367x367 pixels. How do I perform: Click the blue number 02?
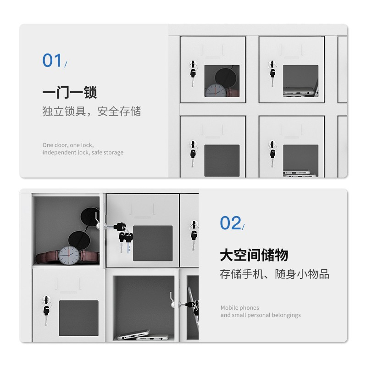point(230,223)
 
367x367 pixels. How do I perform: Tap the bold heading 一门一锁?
point(70,93)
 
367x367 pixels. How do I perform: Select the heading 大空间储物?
point(254,255)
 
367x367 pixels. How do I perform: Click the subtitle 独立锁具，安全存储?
point(92,111)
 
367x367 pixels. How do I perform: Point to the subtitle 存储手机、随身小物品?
point(274,274)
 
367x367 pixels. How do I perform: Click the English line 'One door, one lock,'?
point(68,145)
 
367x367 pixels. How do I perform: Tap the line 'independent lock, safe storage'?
point(83,152)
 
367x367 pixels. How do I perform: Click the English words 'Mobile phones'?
point(239,307)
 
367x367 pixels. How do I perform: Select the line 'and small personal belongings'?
point(261,315)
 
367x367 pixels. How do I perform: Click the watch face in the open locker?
point(69,256)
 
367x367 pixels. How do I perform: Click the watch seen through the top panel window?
point(215,91)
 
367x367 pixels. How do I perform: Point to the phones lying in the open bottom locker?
point(143,335)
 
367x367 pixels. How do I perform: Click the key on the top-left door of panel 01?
point(193,73)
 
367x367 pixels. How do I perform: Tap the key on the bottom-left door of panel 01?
point(193,153)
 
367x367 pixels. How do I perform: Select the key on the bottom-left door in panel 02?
point(46,311)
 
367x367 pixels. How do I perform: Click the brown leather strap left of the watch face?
point(47,257)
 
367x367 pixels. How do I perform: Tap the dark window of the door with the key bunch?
point(153,244)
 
